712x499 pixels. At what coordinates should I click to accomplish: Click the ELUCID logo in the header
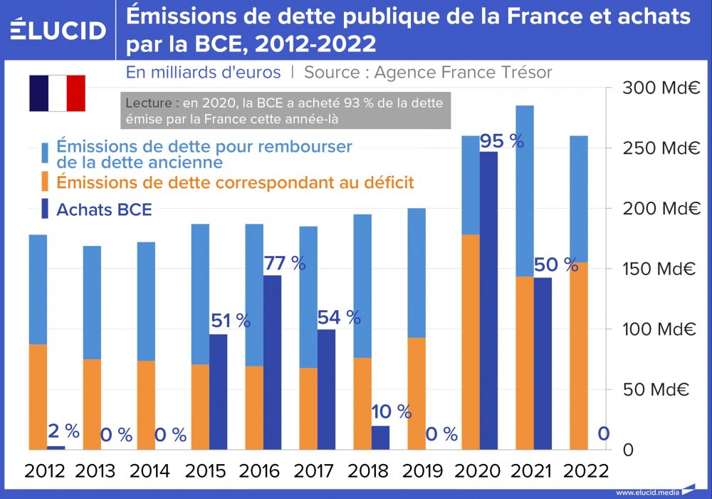coord(58,29)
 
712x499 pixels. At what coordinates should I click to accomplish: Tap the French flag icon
coord(57,93)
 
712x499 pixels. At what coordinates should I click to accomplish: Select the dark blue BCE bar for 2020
coord(488,299)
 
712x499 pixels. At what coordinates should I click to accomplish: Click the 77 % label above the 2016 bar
coord(284,263)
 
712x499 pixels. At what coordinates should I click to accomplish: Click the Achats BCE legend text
coord(104,209)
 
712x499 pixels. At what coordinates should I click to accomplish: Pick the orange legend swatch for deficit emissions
coord(44,182)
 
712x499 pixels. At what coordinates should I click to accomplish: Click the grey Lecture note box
coord(285,111)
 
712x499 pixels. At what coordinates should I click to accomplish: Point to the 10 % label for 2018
coord(392,411)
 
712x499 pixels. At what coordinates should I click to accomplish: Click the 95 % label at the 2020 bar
coord(501,141)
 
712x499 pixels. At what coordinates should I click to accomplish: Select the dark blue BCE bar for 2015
coord(219,391)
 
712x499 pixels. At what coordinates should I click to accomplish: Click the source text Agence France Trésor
coord(463,73)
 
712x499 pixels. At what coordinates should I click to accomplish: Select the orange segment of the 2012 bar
coord(38,396)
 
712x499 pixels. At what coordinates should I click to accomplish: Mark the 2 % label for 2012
coord(63,431)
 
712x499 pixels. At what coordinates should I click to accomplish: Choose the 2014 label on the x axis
coord(150,471)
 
